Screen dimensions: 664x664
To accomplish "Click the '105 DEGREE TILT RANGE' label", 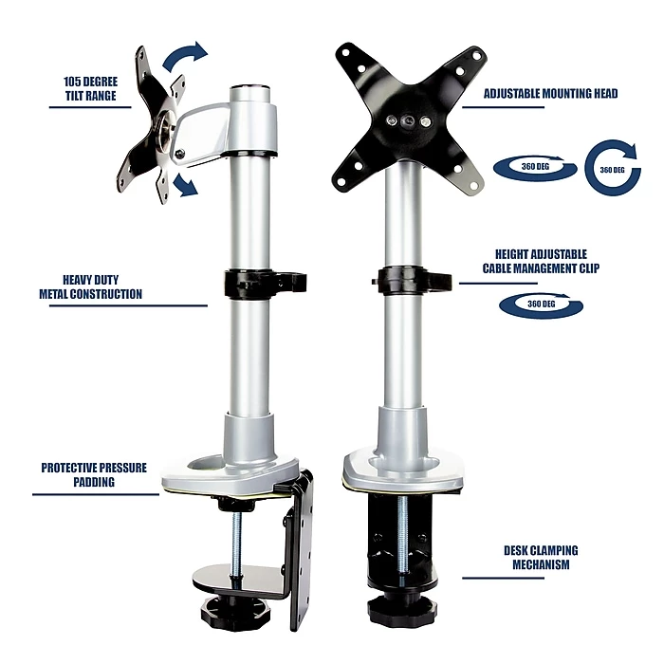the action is coord(91,89).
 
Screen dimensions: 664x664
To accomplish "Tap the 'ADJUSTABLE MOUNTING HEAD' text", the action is coord(550,94).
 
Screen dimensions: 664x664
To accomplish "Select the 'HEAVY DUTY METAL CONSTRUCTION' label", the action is coord(91,287).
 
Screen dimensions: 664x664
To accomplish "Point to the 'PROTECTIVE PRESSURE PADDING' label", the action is coord(94,474).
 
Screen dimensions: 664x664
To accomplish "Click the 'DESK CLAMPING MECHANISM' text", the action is coord(541,558).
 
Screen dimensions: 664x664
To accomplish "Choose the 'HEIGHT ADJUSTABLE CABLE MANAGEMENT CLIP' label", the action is coord(541,261).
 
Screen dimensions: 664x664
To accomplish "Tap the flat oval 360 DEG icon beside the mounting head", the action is coord(535,168).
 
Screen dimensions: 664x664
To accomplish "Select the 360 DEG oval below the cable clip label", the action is coord(542,304).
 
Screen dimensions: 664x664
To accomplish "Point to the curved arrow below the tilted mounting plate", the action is coord(186,186).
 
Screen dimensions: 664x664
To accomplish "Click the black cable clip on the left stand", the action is coord(265,282).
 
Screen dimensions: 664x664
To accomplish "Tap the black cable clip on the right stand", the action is coord(412,280).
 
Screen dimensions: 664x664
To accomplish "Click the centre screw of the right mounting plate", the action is coord(408,121).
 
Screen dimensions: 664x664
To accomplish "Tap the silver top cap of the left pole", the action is coord(249,94).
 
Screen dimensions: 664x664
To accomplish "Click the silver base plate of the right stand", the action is coord(401,470).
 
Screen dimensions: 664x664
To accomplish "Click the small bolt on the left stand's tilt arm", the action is coord(179,154).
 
